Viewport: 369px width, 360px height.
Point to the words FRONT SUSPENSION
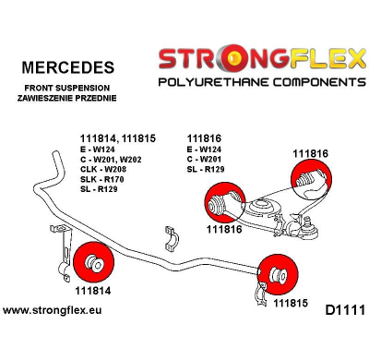67,88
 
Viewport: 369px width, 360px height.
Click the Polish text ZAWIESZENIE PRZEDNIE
67,99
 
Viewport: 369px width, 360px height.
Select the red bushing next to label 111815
276,272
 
